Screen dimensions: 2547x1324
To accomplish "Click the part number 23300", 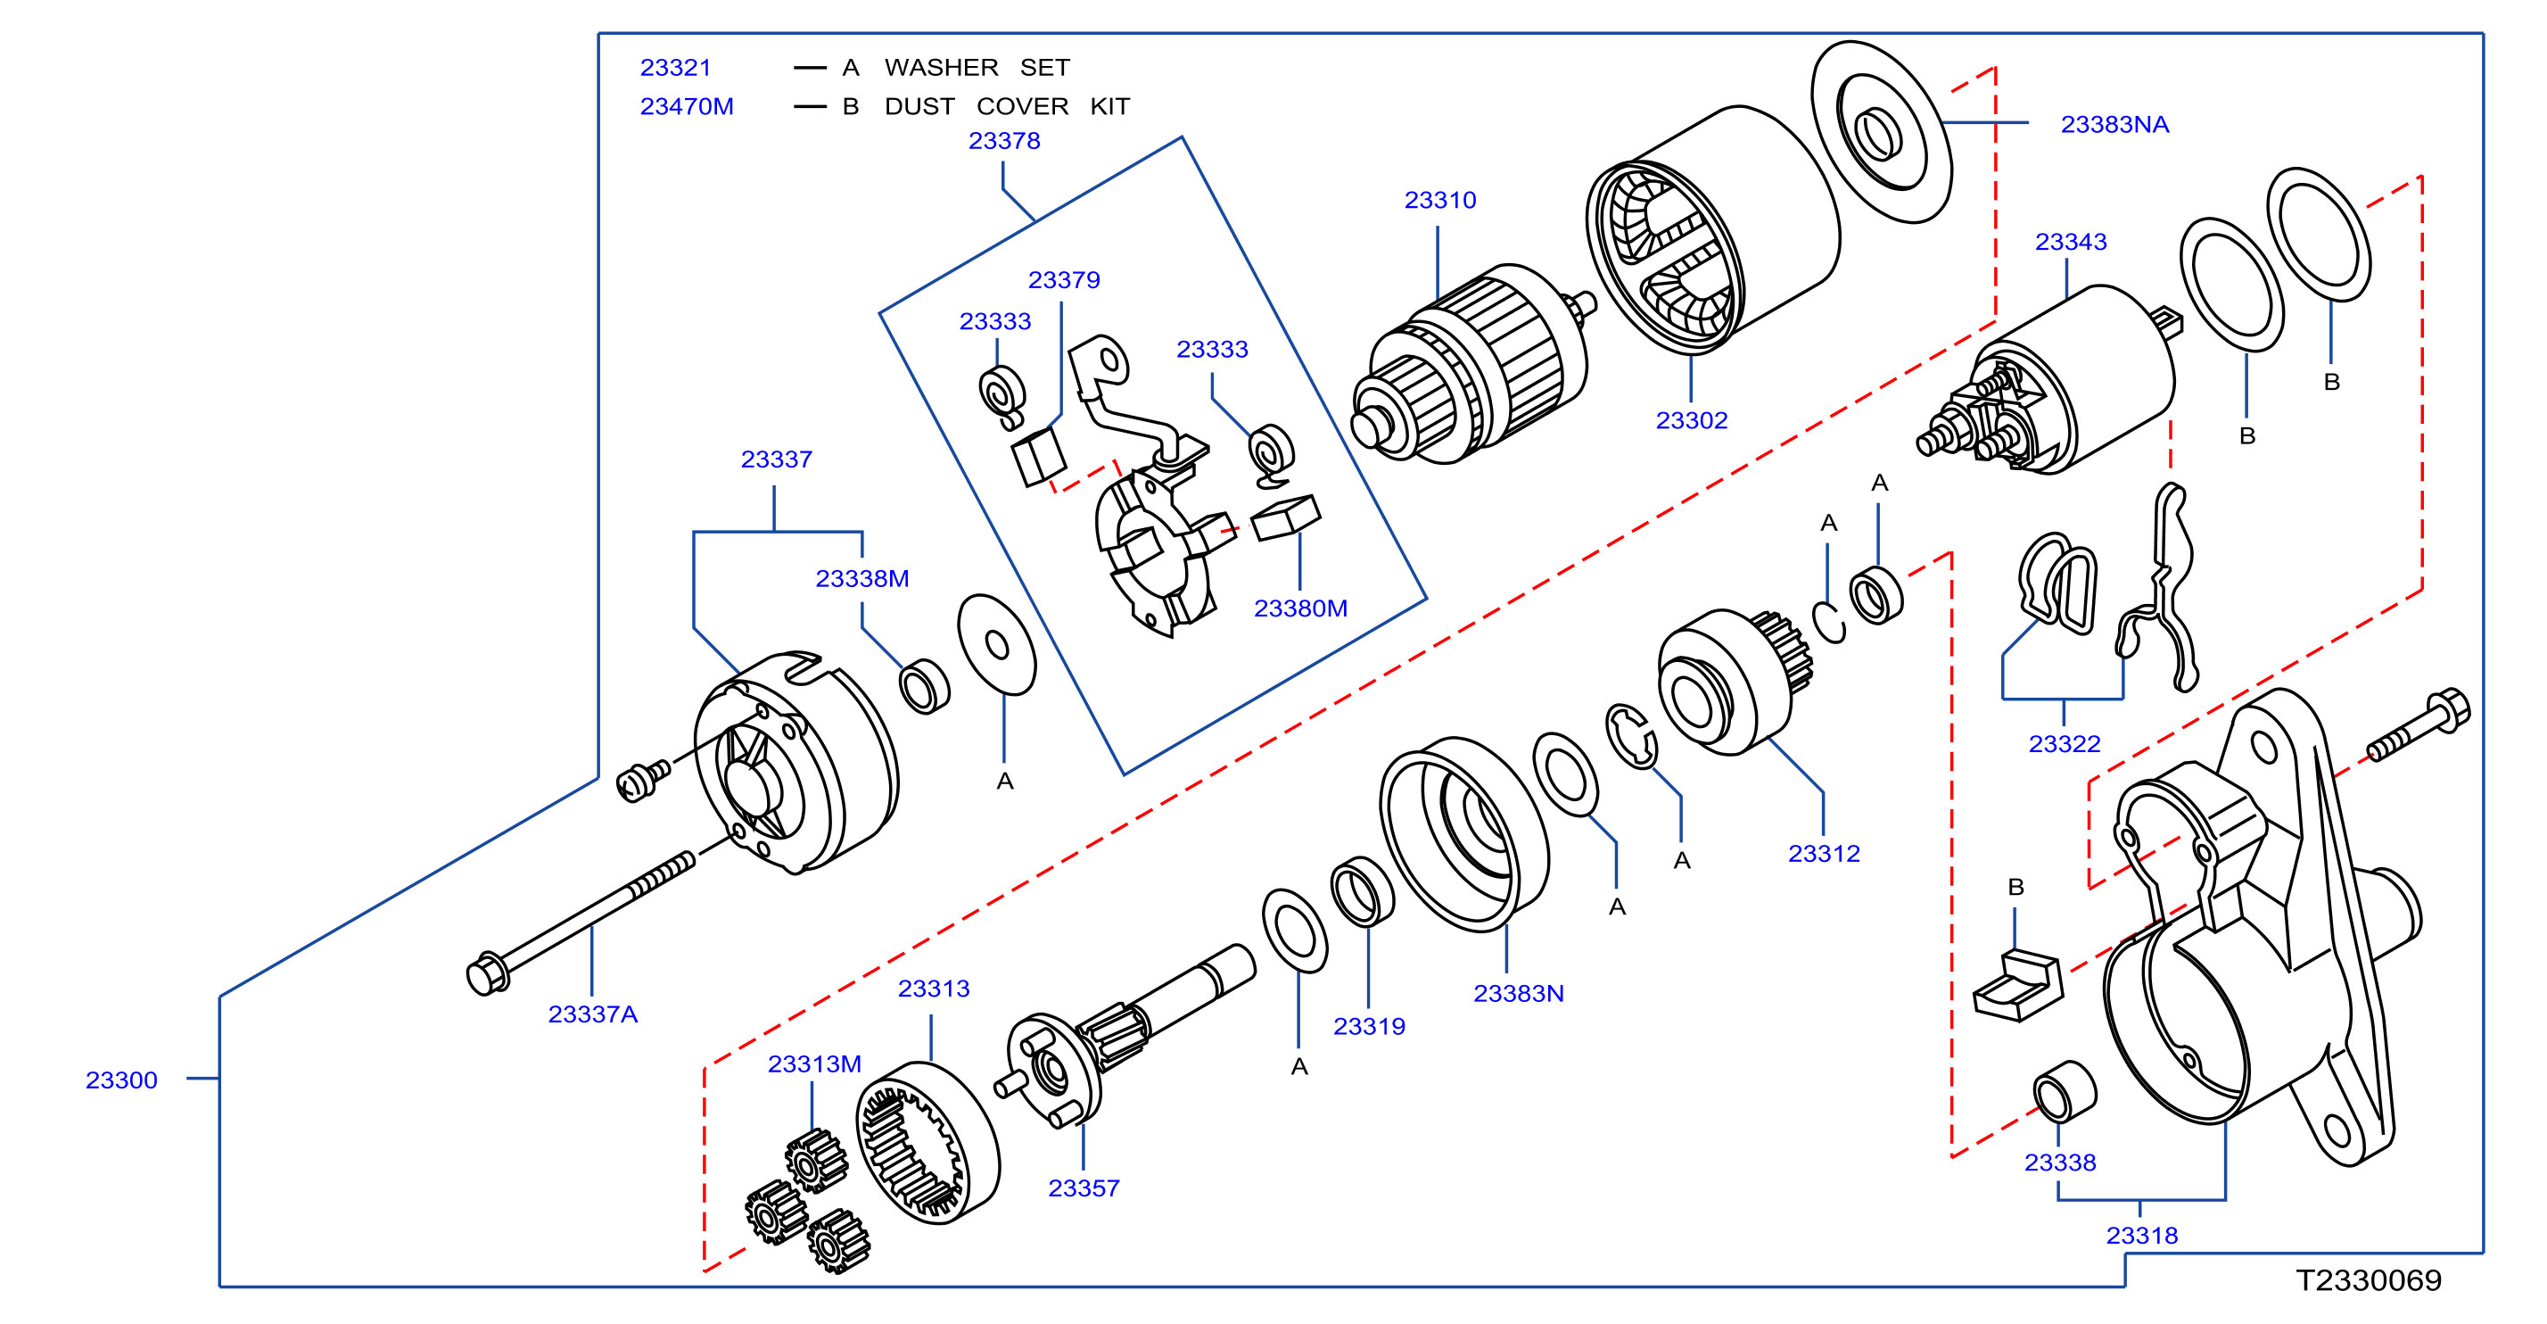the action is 121,1080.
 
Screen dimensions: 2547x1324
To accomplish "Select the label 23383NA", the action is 2115,125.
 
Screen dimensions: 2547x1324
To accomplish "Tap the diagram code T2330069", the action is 2368,1280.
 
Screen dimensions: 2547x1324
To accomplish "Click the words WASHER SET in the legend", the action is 977,67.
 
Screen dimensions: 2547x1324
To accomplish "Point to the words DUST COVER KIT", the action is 1007,106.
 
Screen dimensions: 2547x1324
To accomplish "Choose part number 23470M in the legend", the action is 688,106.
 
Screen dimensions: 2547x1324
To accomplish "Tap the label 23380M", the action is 1300,608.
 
